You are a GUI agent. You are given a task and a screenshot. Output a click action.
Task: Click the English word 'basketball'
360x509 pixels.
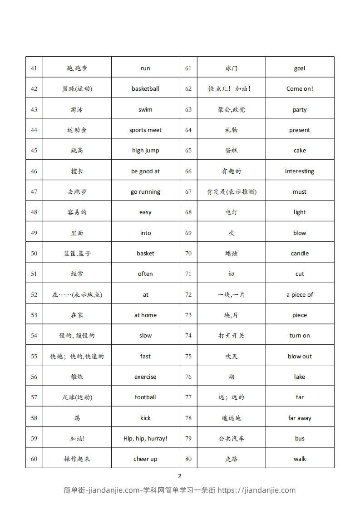(x=145, y=89)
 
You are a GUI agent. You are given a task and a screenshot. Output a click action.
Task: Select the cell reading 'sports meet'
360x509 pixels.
(x=145, y=130)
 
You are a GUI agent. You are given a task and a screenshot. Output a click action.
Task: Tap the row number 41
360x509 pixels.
(x=34, y=69)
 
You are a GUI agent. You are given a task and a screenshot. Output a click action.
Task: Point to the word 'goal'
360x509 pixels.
(x=300, y=69)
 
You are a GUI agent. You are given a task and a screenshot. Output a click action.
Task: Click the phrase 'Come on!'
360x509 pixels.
(x=300, y=89)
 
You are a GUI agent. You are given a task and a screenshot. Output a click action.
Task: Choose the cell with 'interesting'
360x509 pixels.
(x=300, y=171)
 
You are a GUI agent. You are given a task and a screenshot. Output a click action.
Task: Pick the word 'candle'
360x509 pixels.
(x=300, y=254)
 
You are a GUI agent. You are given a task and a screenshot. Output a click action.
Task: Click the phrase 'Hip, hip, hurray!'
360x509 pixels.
(x=145, y=439)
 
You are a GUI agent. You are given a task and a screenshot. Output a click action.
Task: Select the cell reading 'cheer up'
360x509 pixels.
(x=145, y=459)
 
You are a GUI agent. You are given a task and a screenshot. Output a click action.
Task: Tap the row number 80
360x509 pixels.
(x=188, y=459)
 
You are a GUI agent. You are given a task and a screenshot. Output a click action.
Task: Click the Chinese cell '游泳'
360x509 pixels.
(x=77, y=110)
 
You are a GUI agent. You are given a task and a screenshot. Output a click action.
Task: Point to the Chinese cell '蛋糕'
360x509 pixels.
(x=232, y=151)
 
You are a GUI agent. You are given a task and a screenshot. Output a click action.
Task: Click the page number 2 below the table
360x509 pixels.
(x=180, y=476)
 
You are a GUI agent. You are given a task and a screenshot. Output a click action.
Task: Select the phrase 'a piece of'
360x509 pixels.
(x=300, y=295)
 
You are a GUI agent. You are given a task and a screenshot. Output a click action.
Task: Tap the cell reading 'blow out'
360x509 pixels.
(x=300, y=357)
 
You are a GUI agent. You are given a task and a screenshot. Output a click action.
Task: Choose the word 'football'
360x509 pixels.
(x=145, y=397)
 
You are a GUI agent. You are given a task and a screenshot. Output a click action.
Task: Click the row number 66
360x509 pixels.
(x=188, y=171)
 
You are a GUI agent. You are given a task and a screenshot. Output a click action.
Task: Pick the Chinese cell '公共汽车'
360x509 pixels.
(x=232, y=439)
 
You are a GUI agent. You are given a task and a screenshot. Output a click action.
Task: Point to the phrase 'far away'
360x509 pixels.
(x=300, y=418)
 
